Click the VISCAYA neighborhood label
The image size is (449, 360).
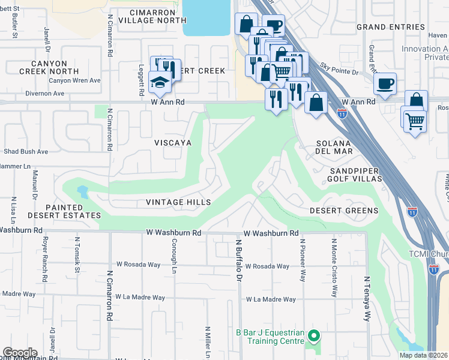coord(172,143)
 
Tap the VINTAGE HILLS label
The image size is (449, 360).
coord(178,202)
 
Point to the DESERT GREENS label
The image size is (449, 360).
coord(344,211)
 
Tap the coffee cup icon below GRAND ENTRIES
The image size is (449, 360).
coord(385,83)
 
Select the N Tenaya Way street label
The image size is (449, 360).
coord(365,299)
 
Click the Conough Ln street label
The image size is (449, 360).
coord(173,260)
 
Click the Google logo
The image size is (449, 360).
coord(20,353)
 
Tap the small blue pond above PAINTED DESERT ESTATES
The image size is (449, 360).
coord(82,193)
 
